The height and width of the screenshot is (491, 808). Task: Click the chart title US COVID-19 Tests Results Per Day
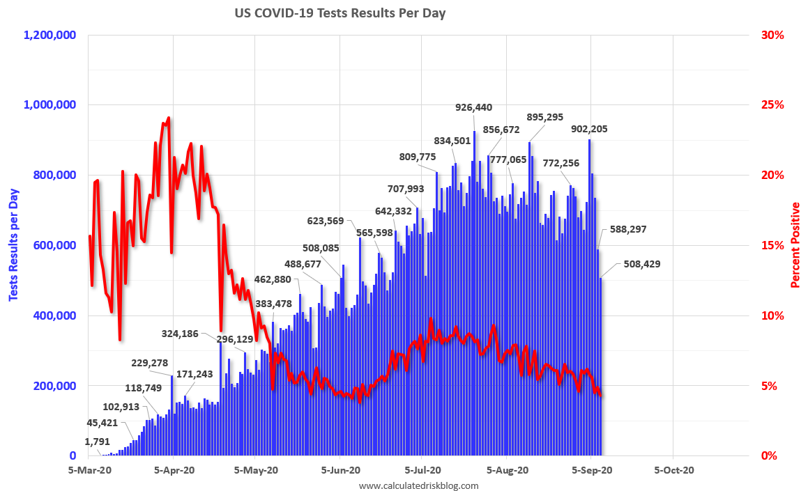pos(340,13)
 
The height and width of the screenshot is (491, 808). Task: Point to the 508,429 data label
pos(634,264)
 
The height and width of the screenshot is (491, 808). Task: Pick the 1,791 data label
pos(98,441)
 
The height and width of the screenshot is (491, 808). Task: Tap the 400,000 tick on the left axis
pos(56,315)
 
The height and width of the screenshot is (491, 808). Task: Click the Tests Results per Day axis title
pos(13,244)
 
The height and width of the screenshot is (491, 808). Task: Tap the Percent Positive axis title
pos(794,245)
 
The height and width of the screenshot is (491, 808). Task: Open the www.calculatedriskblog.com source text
pos(418,485)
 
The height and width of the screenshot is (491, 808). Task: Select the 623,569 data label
pos(330,221)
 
